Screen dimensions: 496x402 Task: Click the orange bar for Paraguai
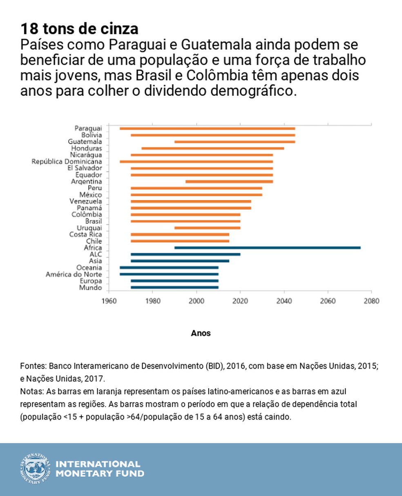[x=207, y=129]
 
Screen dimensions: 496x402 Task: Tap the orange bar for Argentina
[x=229, y=181]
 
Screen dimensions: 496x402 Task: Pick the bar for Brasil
[x=185, y=221]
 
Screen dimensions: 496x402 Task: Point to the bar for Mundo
[x=174, y=287]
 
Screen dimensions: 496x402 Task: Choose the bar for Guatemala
[x=234, y=142]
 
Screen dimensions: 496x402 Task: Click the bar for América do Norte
[x=169, y=274]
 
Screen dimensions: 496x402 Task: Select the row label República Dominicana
[x=67, y=162]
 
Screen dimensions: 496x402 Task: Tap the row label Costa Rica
[x=85, y=234]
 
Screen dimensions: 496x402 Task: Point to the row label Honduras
[x=87, y=148]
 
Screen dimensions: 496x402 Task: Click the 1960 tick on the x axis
[x=109, y=301]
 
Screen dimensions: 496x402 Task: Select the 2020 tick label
[x=240, y=301]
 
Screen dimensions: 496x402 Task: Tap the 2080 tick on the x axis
[x=371, y=301]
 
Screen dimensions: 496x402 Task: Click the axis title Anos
[x=201, y=333]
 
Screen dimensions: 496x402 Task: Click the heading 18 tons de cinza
[x=79, y=29]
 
